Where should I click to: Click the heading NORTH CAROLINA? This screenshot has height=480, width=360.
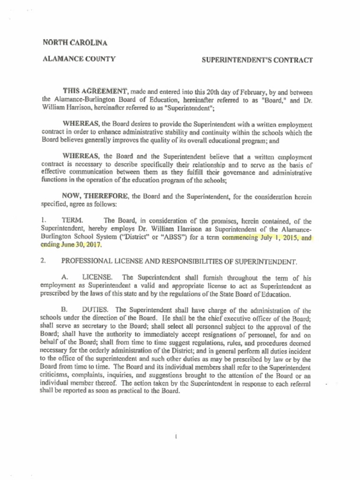pos(75,43)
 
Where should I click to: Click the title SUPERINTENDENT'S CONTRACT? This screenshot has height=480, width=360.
pos(257,60)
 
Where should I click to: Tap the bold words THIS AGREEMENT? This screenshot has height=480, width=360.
pos(96,91)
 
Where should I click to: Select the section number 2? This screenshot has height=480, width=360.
pos(43,261)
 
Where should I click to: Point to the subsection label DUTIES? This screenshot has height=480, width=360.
pos(96,310)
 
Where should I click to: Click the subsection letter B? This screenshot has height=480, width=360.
pos(65,310)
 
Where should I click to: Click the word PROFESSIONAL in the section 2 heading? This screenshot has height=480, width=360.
pos(88,261)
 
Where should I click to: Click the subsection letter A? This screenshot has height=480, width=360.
pos(65,277)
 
